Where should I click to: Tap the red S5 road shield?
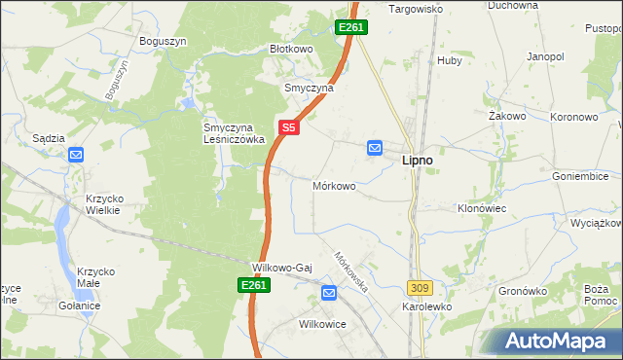[288, 126]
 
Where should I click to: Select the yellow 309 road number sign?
[420, 288]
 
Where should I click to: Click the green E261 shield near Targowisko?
[351, 27]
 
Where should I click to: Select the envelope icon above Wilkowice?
[328, 291]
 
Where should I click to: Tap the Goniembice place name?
[581, 176]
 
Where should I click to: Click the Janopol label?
[545, 57]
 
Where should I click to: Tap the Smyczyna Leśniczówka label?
[227, 132]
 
